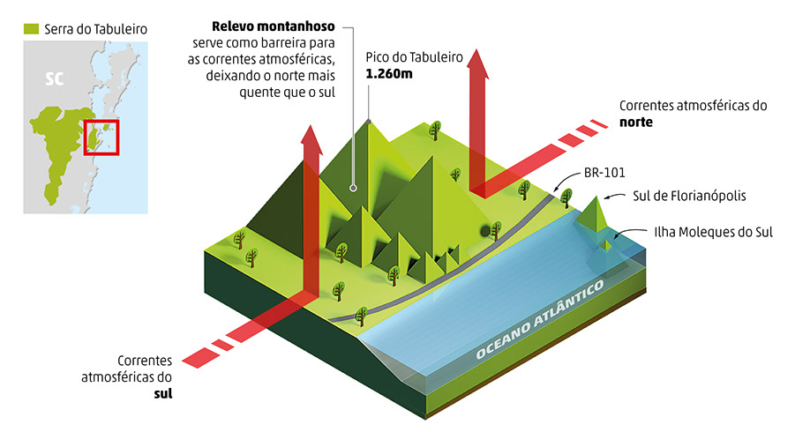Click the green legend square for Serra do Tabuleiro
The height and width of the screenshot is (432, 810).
(x=33, y=30)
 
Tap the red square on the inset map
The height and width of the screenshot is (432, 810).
(x=101, y=137)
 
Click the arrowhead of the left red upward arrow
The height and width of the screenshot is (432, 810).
(x=311, y=132)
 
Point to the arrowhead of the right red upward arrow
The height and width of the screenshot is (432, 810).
(x=481, y=58)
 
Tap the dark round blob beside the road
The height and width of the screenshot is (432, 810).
(x=486, y=230)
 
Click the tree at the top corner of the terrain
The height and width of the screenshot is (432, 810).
(x=434, y=130)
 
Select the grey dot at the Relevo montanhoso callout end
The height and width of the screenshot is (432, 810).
(x=353, y=187)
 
